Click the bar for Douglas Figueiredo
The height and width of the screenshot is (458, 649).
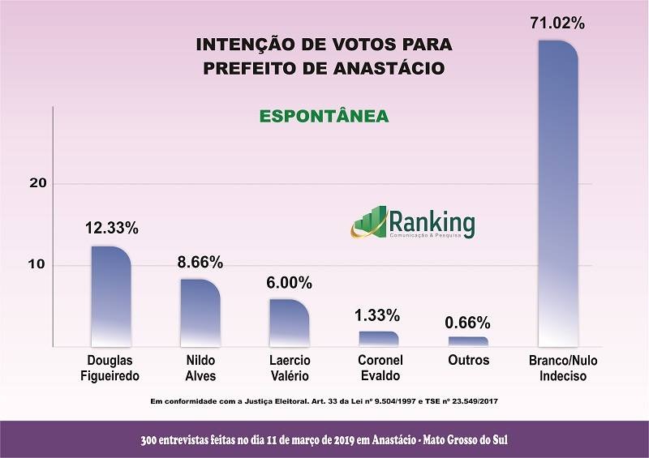click(x=111, y=296)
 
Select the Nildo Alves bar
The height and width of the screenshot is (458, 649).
click(x=200, y=313)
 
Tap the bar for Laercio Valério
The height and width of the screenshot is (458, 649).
click(x=289, y=323)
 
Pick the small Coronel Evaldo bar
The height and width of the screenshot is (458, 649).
click(x=378, y=339)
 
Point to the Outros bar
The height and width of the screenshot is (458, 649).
click(x=468, y=341)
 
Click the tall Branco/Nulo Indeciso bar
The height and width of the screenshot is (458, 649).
click(x=558, y=195)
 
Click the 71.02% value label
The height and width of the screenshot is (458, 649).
click(x=557, y=24)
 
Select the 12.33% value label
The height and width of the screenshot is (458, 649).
click(x=112, y=229)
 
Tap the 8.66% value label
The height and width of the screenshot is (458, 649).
click(x=200, y=262)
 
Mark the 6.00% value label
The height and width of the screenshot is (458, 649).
click(x=289, y=283)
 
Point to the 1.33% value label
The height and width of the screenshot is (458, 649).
click(x=378, y=315)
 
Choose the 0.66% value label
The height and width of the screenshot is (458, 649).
click(x=468, y=321)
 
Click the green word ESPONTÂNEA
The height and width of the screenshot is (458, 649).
click(x=324, y=117)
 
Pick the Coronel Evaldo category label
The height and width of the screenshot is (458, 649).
click(x=378, y=366)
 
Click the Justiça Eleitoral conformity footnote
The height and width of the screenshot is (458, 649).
click(x=324, y=401)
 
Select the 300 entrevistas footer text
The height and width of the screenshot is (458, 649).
click(x=324, y=439)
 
